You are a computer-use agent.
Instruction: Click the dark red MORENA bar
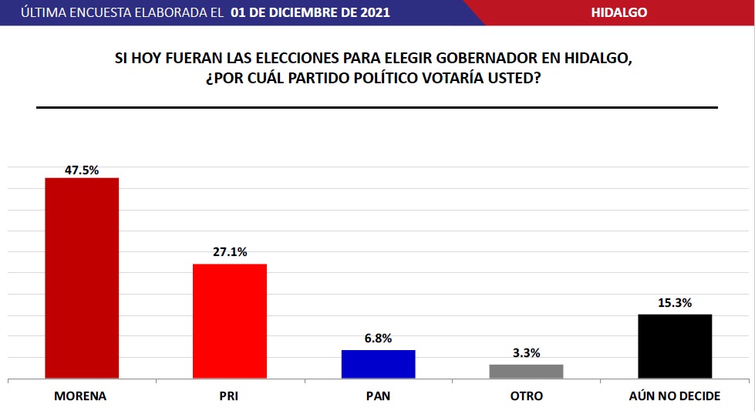(82, 278)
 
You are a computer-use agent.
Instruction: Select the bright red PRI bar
(230, 321)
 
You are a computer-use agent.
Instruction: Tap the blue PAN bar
(378, 364)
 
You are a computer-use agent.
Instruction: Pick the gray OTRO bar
(527, 371)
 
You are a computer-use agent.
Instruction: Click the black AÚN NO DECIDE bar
(675, 346)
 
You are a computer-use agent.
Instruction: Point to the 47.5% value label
(82, 170)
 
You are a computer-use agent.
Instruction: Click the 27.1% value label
(230, 252)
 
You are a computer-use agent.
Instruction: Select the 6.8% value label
(378, 339)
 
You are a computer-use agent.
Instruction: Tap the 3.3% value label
(527, 352)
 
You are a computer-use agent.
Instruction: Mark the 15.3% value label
(675, 303)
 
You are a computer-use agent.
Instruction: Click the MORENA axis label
(80, 396)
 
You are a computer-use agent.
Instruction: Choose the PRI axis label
(229, 396)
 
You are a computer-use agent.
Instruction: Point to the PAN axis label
(378, 396)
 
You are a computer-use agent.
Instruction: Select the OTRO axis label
(527, 396)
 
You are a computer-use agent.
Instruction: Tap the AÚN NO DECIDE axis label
(675, 396)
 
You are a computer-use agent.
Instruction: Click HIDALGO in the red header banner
(618, 12)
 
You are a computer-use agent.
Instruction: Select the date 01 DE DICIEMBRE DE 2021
(310, 12)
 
